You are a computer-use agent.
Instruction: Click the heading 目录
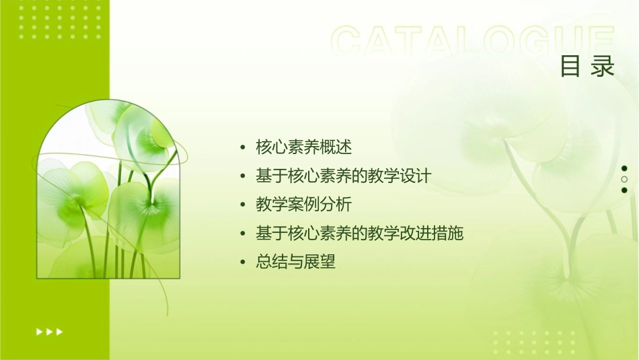tap(587, 67)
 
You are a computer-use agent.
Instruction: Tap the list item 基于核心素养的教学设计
tap(343, 176)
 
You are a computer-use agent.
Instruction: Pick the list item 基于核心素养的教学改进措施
tap(360, 233)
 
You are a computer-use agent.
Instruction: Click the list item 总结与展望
tap(295, 262)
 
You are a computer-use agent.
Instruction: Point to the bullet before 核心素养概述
tap(243, 147)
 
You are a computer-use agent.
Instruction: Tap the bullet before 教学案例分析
tap(243, 205)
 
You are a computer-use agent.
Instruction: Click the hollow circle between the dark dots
tap(624, 179)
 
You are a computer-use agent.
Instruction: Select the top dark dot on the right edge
tap(624, 168)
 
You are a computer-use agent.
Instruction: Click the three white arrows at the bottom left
tap(50, 331)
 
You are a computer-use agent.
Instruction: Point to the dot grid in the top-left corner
tap(60, 20)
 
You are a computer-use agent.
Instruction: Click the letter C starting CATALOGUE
tap(348, 42)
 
